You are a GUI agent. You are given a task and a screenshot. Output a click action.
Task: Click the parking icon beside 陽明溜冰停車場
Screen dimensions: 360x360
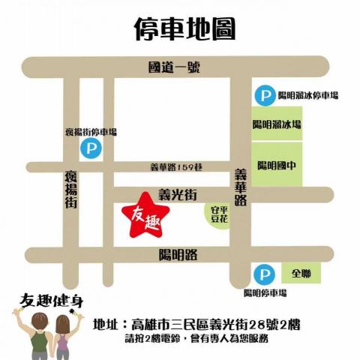(x=264, y=95)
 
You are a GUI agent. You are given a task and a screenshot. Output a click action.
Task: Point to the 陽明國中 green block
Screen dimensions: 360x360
(x=277, y=165)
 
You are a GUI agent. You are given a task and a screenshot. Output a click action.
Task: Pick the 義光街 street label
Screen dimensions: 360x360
(x=178, y=194)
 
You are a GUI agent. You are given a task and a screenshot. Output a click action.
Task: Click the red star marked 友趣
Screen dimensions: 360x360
(x=146, y=215)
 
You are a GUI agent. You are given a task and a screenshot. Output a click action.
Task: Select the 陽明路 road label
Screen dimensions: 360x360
(x=178, y=255)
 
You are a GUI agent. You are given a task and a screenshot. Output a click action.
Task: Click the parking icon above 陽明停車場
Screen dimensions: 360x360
(x=264, y=275)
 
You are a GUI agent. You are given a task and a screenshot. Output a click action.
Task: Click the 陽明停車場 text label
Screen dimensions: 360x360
(x=265, y=293)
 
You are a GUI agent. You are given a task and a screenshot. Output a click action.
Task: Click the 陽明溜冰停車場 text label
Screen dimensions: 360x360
(x=307, y=95)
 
